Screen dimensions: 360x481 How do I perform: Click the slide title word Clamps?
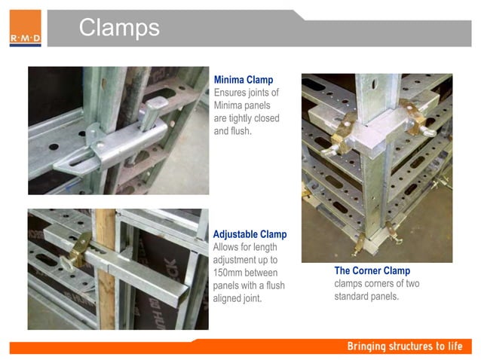119,28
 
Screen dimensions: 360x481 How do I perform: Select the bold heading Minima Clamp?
243,80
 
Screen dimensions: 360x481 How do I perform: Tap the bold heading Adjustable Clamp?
250,234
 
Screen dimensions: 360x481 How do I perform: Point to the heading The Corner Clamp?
372,271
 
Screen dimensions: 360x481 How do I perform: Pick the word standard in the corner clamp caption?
352,296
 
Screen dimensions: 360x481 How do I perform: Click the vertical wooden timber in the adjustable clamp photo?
106,271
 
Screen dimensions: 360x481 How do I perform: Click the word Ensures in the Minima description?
231,93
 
